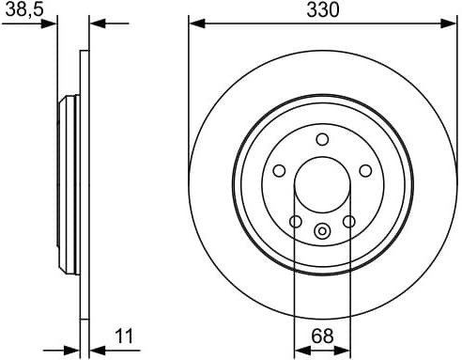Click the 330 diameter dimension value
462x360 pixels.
pyautogui.click(x=321, y=10)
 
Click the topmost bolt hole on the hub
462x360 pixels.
pyautogui.click(x=321, y=140)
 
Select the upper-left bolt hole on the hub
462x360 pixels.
pyautogui.click(x=279, y=171)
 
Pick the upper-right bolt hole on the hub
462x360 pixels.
pyautogui.click(x=364, y=171)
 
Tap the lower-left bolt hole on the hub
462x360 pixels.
pyautogui.click(x=295, y=222)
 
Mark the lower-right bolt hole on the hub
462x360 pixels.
pyautogui.click(x=348, y=222)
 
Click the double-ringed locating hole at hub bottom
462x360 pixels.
pyautogui.click(x=321, y=231)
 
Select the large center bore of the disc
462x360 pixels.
pyautogui.click(x=321, y=184)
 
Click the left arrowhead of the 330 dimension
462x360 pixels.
pyautogui.click(x=194, y=23)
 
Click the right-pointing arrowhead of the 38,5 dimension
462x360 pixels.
pyautogui.click(x=52, y=23)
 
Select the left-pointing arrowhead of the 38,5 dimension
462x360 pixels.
pyautogui.click(x=96, y=23)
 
